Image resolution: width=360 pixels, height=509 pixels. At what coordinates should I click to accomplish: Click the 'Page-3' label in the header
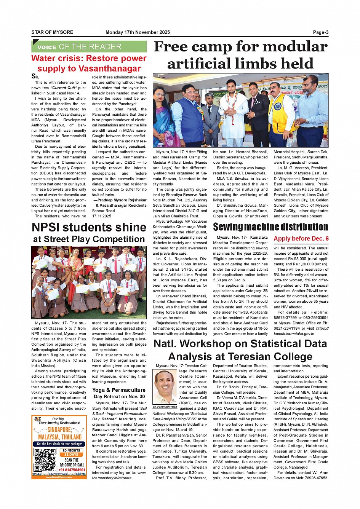pyautogui.click(x=320, y=32)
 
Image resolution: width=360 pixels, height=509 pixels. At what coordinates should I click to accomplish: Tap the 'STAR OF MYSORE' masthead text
pyautogui.click(x=52, y=32)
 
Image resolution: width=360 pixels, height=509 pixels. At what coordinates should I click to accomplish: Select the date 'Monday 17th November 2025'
pyautogui.click(x=138, y=32)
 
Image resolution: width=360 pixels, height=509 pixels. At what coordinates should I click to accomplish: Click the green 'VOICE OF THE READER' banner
pyautogui.click(x=89, y=47)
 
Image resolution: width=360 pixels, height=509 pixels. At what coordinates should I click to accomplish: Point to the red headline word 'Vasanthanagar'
pyautogui.click(x=110, y=69)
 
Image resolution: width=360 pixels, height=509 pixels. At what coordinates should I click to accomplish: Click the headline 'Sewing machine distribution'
pyautogui.click(x=270, y=227)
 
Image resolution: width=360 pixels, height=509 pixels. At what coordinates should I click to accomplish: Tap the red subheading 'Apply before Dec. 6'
pyautogui.click(x=301, y=239)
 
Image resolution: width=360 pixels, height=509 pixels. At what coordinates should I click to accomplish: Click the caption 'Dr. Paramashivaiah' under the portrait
pyautogui.click(x=165, y=407)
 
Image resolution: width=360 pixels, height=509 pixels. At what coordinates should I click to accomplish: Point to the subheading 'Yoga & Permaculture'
pyautogui.click(x=119, y=390)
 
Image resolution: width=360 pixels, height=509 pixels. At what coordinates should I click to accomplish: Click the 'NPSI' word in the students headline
pyautogui.click(x=46, y=227)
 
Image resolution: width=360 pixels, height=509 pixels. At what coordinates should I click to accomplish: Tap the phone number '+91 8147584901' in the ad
pyautogui.click(x=72, y=470)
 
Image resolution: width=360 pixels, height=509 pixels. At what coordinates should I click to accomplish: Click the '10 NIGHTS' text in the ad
pyautogui.click(x=71, y=450)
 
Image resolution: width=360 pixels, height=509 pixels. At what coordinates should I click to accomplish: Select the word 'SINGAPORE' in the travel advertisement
pyautogui.click(x=59, y=430)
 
